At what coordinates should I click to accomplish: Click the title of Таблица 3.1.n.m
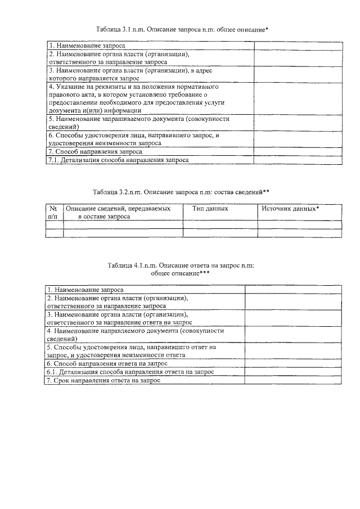click(180, 29)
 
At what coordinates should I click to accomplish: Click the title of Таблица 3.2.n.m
click(181, 192)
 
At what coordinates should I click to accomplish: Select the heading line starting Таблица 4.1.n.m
click(181, 265)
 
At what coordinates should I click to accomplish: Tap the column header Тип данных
click(210, 209)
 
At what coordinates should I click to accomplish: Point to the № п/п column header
click(53, 212)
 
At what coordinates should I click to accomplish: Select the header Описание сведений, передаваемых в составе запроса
click(119, 212)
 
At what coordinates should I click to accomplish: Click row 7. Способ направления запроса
click(95, 152)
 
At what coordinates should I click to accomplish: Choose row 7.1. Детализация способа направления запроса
click(118, 160)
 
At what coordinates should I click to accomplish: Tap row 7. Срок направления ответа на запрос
click(103, 381)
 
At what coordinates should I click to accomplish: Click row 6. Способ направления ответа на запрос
click(107, 364)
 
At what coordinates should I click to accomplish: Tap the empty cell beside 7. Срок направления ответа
click(292, 381)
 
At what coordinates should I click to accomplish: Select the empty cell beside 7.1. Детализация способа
click(297, 160)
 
